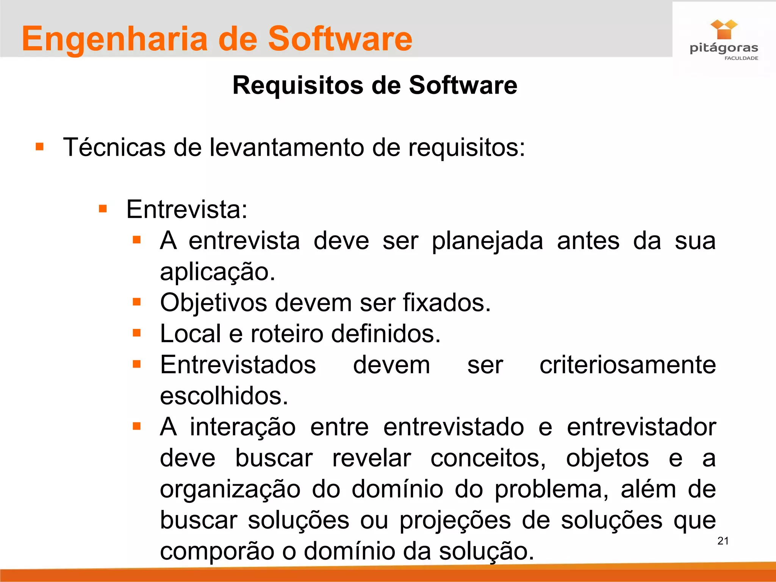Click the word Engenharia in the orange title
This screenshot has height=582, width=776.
pos(115,39)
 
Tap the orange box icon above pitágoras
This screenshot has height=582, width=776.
pos(724,30)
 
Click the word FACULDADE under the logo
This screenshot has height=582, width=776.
pos(741,58)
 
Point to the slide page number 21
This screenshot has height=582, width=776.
pos(723,541)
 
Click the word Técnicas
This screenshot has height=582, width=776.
pos(114,147)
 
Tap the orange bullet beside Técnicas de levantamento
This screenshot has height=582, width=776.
pos(39,147)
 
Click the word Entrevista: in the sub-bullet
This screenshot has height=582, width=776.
pos(186,209)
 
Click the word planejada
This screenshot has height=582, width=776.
pos(487,241)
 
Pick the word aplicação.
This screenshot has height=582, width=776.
pos(217,272)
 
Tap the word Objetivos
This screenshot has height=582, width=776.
pos(214,303)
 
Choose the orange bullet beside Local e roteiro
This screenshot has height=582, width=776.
pos(137,333)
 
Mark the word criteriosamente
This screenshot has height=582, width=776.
pos(627,365)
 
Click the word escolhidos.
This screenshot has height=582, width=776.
pos(224,396)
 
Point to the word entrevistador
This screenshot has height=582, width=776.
pos(641,427)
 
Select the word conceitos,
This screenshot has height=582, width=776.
pos(488,458)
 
